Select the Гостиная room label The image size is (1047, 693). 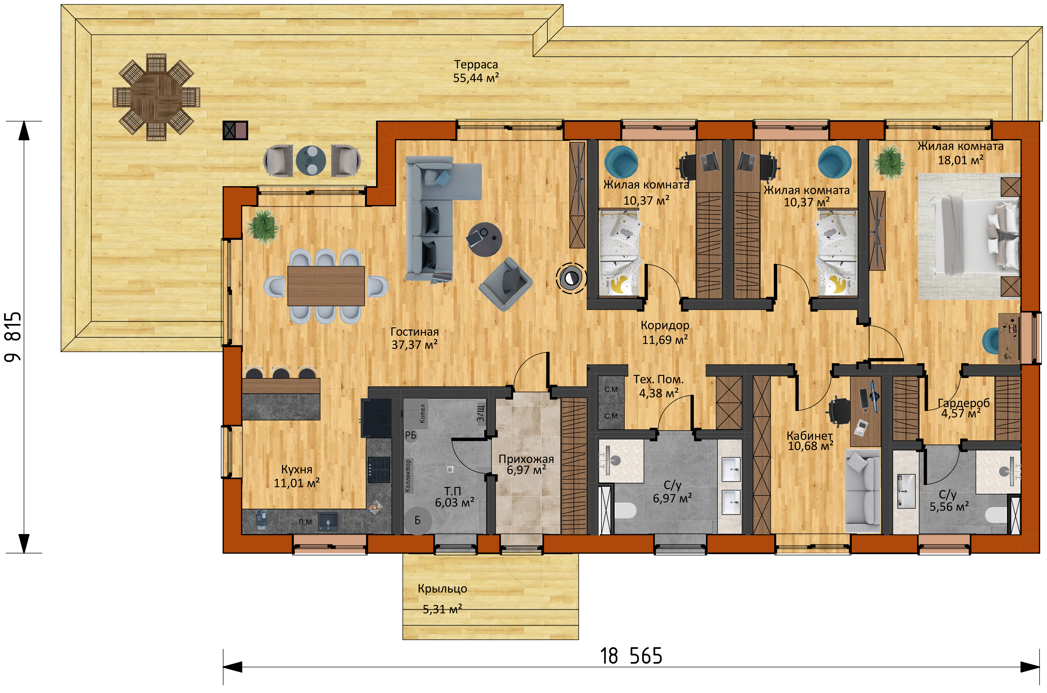415,332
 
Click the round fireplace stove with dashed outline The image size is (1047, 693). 571,278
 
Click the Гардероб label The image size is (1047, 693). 963,403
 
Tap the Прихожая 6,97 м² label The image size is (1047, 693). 526,465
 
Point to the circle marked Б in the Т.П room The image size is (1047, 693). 417,521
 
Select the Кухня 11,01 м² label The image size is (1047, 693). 297,476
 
